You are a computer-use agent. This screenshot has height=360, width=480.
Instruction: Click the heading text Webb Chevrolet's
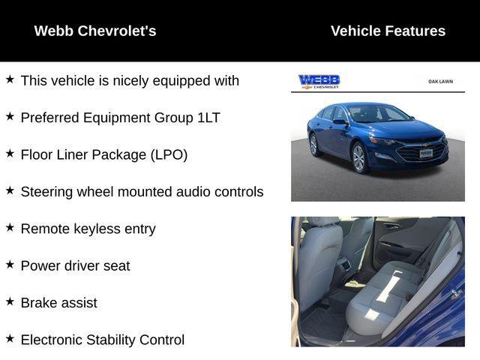pyautogui.click(x=95, y=31)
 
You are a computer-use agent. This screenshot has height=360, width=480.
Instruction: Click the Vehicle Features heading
pyautogui.click(x=388, y=31)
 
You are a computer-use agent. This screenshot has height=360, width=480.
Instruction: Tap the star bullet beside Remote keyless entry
pyautogui.click(x=10, y=226)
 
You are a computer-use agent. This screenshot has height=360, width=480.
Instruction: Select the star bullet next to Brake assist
pyautogui.click(x=10, y=301)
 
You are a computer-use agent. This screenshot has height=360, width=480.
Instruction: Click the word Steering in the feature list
pyautogui.click(x=47, y=192)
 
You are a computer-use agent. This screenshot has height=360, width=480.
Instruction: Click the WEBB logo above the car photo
pyautogui.click(x=319, y=81)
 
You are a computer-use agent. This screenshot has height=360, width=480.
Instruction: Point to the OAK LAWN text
pyautogui.click(x=440, y=81)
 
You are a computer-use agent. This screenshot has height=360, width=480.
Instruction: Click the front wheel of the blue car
pyautogui.click(x=358, y=158)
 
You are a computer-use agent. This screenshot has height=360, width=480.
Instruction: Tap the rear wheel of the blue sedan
pyautogui.click(x=313, y=143)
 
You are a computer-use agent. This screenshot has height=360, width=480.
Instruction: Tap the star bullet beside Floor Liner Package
pyautogui.click(x=10, y=152)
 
